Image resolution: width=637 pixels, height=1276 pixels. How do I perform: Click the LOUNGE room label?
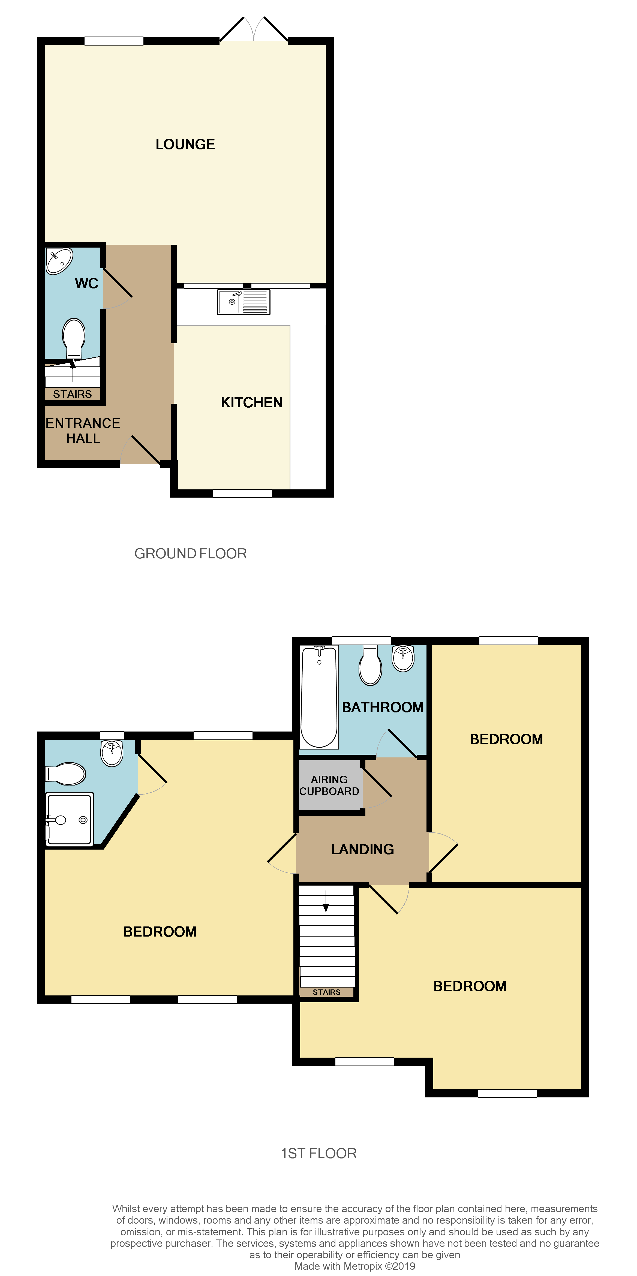coord(185,144)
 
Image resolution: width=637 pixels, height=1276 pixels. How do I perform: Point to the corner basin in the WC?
coord(59,261)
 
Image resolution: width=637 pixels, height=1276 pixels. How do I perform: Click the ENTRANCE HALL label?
coord(83,431)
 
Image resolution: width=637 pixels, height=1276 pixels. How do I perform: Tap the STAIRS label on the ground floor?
coord(72,394)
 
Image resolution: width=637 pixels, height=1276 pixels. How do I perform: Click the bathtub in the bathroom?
coord(319,696)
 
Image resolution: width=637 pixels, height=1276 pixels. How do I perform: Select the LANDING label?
coord(363,849)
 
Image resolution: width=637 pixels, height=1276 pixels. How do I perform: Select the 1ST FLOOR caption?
coord(318,1153)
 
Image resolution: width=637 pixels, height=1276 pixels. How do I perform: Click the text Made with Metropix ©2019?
coord(355,1266)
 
